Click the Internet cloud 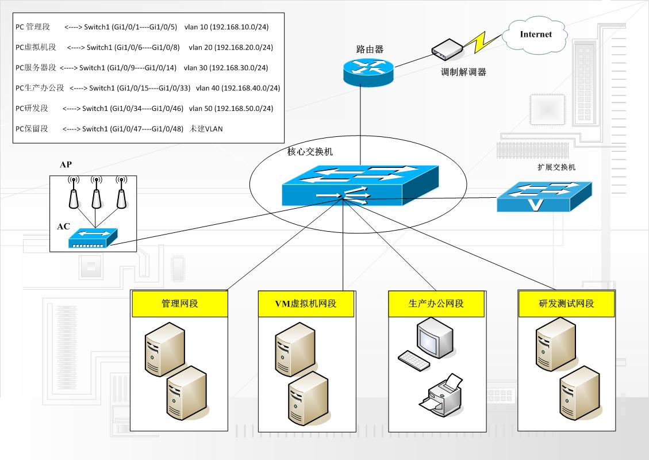pyautogui.click(x=535, y=36)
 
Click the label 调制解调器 pyautogui.click(x=463, y=72)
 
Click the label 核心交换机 pyautogui.click(x=310, y=152)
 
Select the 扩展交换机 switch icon pyautogui.click(x=544, y=196)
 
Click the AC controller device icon pyautogui.click(x=93, y=237)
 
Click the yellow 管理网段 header pyautogui.click(x=179, y=304)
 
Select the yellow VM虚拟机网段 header pyautogui.click(x=305, y=304)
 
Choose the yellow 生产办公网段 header pyautogui.click(x=436, y=304)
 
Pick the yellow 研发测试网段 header pyautogui.click(x=566, y=304)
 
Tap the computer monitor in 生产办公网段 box pyautogui.click(x=435, y=339)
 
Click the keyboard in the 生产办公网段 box pyautogui.click(x=413, y=361)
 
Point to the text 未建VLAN pyautogui.click(x=206, y=129)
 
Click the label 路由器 pyautogui.click(x=369, y=49)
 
